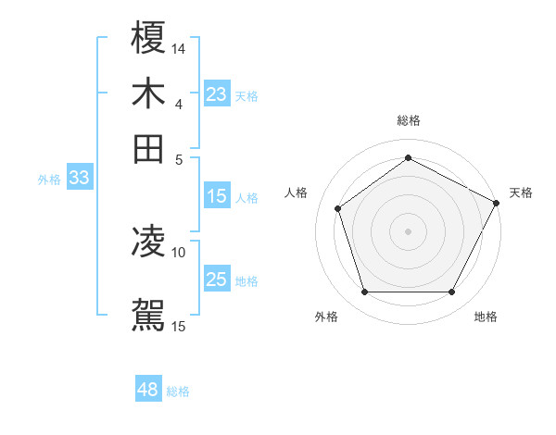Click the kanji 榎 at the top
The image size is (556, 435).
[x=148, y=39]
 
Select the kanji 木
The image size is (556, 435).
[x=148, y=94]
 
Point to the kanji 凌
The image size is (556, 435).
[x=148, y=242]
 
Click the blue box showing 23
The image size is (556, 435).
[x=216, y=94]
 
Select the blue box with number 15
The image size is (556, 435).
[x=216, y=196]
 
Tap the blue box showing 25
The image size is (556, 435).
[x=216, y=280]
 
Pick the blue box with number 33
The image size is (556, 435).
[x=79, y=179]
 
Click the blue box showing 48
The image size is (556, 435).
[x=147, y=391]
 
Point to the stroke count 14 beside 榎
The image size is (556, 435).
[x=179, y=48]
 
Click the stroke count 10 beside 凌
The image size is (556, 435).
[x=179, y=251]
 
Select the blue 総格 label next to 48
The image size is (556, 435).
[x=178, y=391]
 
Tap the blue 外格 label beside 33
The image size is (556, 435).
[x=48, y=180]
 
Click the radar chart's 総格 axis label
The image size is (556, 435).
[x=409, y=120]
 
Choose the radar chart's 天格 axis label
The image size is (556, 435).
[x=521, y=193]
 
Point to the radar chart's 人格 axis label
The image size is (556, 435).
[x=297, y=193]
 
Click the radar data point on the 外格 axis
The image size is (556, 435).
[x=364, y=292]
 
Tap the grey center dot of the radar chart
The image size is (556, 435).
[x=409, y=230]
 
